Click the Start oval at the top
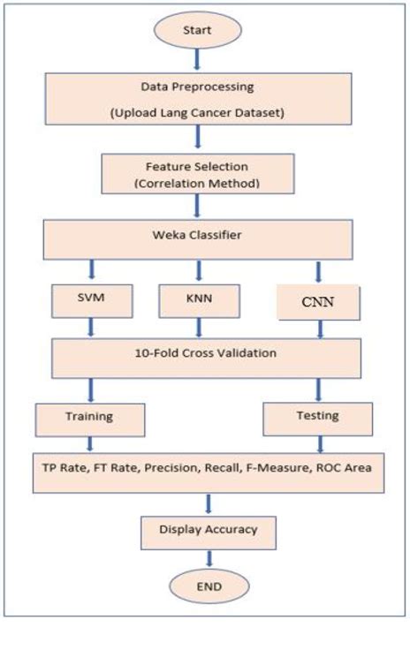pos(197,31)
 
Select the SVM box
pos(93,299)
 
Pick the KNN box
pos(200,299)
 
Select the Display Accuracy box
pos(209,530)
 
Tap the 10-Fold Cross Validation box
pos(207,354)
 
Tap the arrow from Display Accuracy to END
pos(209,559)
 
